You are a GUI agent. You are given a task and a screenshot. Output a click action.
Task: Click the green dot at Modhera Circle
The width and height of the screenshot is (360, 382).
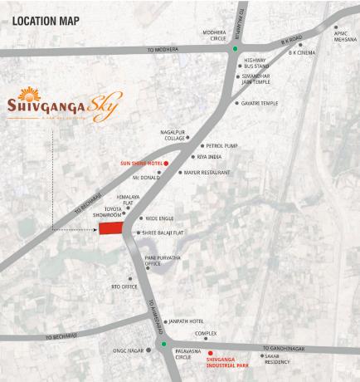coord(235,48)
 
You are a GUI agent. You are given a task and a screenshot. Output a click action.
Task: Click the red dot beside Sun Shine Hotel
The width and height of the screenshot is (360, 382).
coord(166,164)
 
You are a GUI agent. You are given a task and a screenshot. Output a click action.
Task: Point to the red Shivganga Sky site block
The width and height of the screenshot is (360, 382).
coord(110,228)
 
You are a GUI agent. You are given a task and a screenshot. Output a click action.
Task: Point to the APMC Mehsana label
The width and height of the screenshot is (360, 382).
coord(344,36)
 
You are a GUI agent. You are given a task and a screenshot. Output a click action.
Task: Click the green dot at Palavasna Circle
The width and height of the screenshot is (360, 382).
coord(164,344)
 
